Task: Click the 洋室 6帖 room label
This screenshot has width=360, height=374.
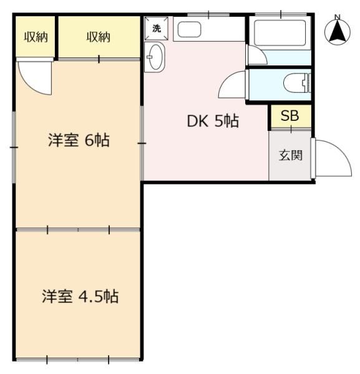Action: pos(79,140)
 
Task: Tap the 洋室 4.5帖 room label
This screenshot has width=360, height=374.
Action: pos(80,297)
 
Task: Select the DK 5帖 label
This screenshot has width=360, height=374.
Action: pos(213,121)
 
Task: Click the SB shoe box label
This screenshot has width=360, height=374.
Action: pos(290,116)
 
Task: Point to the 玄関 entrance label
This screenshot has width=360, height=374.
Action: pos(291,155)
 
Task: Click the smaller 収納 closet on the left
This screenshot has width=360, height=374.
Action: pos(36,37)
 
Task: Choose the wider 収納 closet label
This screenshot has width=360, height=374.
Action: pos(99,37)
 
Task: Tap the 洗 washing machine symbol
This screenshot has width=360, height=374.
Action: pos(157,29)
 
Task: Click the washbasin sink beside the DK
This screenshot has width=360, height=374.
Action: pos(155,57)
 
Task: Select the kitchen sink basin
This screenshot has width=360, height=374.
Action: pos(189,29)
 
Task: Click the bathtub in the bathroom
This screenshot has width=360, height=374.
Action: pos(280,33)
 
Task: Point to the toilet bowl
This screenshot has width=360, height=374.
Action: pos(297,83)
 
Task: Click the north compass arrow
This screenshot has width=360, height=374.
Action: pos(338,31)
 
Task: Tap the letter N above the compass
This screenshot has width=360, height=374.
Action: pos(338,17)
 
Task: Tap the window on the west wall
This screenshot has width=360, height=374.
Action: pos(14,147)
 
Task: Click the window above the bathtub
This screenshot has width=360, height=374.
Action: pos(281,15)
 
